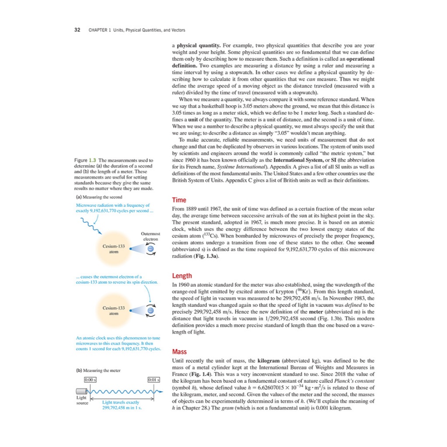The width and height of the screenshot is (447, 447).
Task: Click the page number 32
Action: pyautogui.click(x=77, y=30)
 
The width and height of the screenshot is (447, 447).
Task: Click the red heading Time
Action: pyautogui.click(x=179, y=199)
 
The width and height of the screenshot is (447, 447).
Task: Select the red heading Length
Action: pyautogui.click(x=182, y=276)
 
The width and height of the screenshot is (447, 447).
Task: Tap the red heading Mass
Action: pyautogui.click(x=180, y=352)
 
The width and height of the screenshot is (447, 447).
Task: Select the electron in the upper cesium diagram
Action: pyautogui.click(x=150, y=248)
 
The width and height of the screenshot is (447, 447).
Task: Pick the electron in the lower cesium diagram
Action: pyautogui.click(x=150, y=310)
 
